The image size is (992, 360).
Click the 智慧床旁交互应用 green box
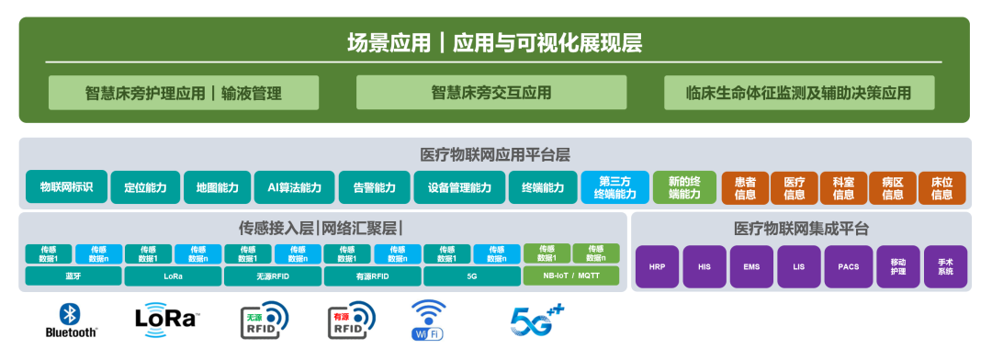click(491, 93)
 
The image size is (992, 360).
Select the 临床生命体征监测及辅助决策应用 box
click(798, 93)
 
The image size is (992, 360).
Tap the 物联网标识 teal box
click(66, 186)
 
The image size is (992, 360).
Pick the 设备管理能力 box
click(458, 187)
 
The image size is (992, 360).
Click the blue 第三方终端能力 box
click(614, 187)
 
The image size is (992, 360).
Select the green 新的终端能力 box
click(683, 187)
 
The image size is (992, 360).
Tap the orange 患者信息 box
click(745, 187)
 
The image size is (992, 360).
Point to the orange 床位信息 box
click(942, 187)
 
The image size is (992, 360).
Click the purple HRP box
click(657, 267)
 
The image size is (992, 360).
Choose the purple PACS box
click(849, 267)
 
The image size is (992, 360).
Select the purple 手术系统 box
click(945, 267)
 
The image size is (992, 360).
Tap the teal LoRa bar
click(173, 276)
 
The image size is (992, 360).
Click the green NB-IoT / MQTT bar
click(570, 276)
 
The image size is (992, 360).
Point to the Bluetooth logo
click(71, 321)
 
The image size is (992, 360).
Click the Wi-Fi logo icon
click(428, 320)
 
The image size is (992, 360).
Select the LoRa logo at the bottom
click(166, 319)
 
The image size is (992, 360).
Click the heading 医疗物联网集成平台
click(801, 229)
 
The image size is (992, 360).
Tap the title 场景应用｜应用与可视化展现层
click(494, 42)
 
